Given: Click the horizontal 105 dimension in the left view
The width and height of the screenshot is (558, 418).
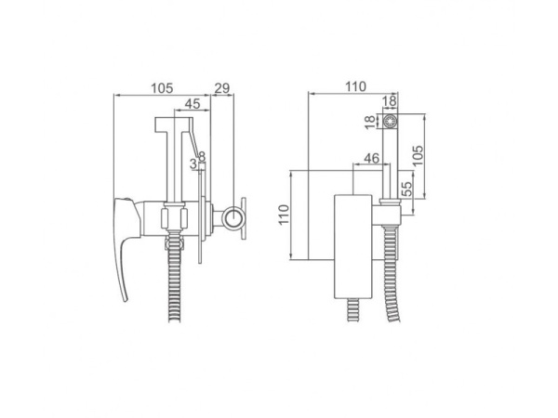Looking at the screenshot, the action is tap(162, 88).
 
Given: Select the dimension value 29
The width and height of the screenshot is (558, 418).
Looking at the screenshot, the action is tap(222, 88).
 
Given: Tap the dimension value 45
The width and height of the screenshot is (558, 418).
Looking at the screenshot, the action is tap(193, 103).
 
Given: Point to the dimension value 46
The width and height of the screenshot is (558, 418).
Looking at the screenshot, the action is tap(372, 158).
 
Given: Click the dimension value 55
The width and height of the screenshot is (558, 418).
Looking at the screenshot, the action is tap(406, 189).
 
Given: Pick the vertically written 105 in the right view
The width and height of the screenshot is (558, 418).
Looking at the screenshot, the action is tap(418, 155).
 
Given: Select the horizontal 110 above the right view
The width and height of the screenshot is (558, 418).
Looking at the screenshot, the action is tap(355, 86).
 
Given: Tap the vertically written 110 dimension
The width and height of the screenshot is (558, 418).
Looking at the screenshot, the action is tap(284, 215).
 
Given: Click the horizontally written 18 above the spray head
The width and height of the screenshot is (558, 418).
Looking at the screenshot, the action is tap(390, 101).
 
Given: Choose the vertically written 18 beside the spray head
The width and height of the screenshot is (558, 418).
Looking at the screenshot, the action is tap(370, 122).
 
